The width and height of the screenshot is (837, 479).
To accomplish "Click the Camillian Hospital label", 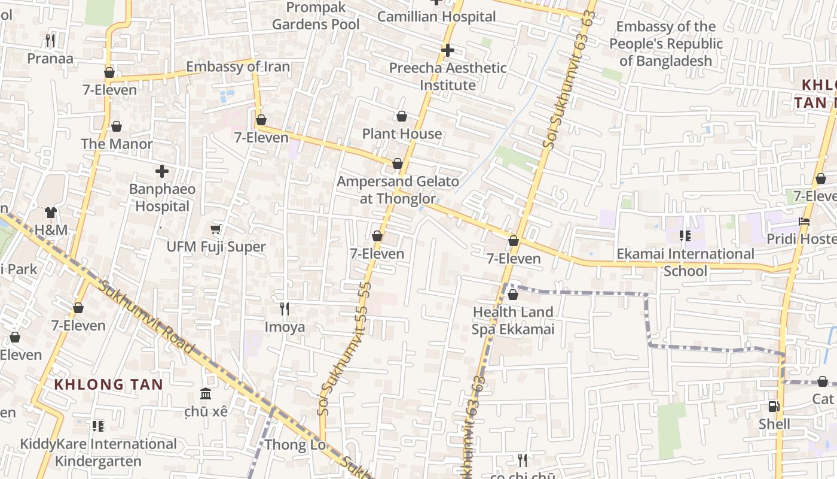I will coord(436,17).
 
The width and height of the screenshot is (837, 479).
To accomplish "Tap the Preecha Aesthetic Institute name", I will coord(448,77).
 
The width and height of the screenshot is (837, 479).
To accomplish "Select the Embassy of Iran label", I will coord(238,66).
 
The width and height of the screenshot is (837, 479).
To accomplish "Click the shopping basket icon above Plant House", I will coord(402,116).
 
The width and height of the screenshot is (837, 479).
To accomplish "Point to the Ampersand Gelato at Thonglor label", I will coord(398,190).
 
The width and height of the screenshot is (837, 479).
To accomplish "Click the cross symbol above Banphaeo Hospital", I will coord(161,172).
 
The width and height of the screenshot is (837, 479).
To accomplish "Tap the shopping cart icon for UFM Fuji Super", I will coord(216,229).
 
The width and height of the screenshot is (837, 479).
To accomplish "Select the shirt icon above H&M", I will coord(51,213).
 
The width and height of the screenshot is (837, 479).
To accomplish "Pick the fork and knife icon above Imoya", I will coord(285,309).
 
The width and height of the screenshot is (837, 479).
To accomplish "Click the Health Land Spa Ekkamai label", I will coord(513,320).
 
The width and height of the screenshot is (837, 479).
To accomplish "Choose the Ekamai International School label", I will coord(685,262).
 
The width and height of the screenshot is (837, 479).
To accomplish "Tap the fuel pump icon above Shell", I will coord(774,407).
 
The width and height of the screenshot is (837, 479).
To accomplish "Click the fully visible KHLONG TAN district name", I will coord(109,384).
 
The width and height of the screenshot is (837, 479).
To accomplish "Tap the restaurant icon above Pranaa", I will coord(50,41).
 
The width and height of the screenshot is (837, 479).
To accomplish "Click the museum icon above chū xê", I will coord(206,394).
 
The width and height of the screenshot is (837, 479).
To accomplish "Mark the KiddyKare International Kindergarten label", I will coord(99,453).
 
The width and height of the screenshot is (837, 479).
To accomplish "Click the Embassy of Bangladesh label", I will coord(666,44).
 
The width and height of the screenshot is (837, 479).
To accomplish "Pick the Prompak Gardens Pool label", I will coord(316,16).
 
